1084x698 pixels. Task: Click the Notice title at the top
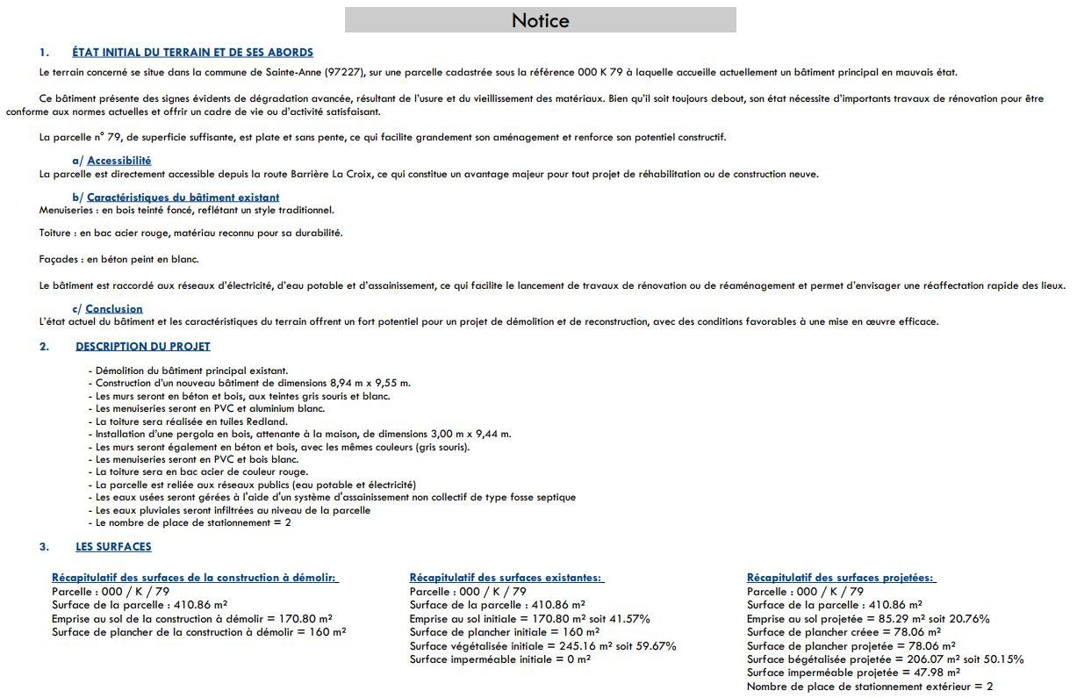(x=540, y=20)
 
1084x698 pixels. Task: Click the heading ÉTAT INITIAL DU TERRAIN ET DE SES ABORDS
(x=192, y=53)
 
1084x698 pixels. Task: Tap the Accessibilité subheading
(x=118, y=161)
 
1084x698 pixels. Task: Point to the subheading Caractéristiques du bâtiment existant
(x=183, y=198)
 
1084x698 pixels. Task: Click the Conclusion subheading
(x=114, y=309)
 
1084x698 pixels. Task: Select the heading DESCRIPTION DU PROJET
(x=142, y=347)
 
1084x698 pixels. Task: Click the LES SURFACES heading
(x=113, y=547)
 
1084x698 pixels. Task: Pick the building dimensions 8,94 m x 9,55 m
(x=370, y=384)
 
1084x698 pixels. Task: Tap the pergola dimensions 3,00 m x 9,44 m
(x=470, y=434)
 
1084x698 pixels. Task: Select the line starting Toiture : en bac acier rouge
(x=190, y=234)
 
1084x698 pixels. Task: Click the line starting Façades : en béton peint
(x=118, y=260)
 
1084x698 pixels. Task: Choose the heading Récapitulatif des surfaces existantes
(x=506, y=578)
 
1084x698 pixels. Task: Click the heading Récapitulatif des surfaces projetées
(x=841, y=578)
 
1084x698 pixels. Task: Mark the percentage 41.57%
(x=630, y=619)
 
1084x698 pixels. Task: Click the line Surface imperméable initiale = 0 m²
(x=499, y=659)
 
